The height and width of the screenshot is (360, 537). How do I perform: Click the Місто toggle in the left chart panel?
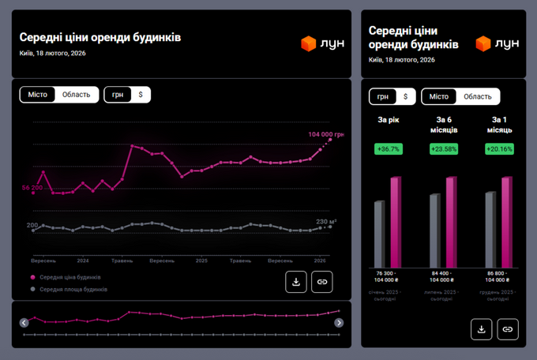[37, 95]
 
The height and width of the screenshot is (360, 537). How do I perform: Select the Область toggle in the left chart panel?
[77, 95]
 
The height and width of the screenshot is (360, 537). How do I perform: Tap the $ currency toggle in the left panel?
[141, 95]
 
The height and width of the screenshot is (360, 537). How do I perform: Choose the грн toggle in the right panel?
[382, 96]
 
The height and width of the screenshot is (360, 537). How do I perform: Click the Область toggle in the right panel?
[477, 96]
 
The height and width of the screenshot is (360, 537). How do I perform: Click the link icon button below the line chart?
[322, 282]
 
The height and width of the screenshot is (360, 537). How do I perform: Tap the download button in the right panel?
[482, 329]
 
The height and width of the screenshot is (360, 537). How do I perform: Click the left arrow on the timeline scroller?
[24, 323]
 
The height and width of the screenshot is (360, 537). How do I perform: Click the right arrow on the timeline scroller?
[339, 323]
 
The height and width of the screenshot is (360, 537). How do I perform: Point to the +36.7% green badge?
[389, 148]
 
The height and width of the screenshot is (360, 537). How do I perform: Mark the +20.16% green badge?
[499, 148]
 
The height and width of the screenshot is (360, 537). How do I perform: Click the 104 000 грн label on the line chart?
[325, 134]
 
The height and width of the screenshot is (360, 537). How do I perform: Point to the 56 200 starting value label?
[32, 188]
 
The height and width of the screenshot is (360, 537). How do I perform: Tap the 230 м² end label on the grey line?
[326, 222]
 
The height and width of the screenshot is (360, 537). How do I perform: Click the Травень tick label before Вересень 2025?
[239, 260]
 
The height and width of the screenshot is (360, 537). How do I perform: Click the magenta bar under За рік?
[396, 222]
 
